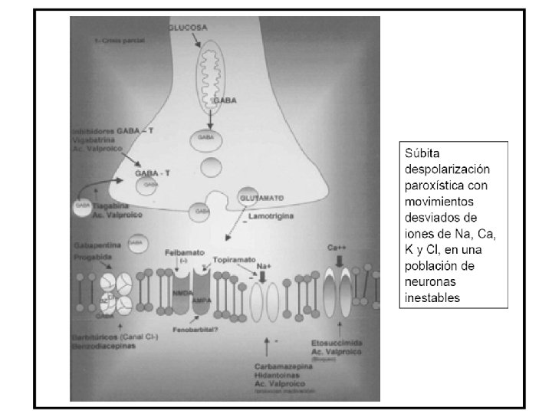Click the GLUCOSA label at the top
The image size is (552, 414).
[187, 27]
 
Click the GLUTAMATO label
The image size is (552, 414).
[263, 198]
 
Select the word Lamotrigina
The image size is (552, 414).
[272, 218]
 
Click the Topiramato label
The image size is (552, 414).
[233, 260]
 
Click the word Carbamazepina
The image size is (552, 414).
[284, 366]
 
